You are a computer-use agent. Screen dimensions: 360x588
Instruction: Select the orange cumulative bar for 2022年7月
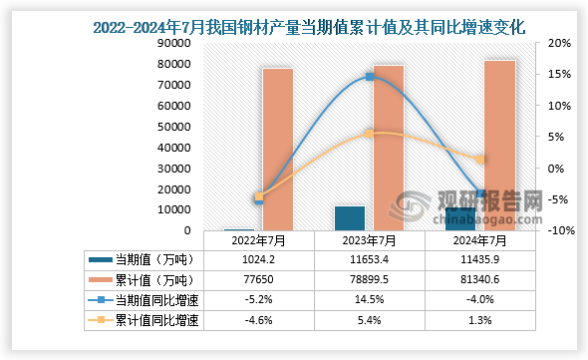(277, 150)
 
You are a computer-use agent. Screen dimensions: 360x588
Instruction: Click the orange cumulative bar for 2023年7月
(389, 149)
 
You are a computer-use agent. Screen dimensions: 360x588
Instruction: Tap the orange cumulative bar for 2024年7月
(499, 147)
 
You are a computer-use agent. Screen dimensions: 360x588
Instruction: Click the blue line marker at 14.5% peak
(370, 77)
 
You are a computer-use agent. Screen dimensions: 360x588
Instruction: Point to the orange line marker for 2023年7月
(370, 134)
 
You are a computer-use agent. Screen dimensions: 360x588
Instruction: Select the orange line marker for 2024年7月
(480, 160)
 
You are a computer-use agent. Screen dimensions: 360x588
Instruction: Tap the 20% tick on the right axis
(559, 43)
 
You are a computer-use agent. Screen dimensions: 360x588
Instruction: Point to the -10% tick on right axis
(558, 230)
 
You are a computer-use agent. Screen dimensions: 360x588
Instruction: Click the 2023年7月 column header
(370, 240)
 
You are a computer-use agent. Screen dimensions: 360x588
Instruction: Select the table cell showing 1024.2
(259, 259)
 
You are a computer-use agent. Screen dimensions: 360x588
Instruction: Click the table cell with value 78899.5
(370, 280)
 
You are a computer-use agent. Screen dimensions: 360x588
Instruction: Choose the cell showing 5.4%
(370, 321)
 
